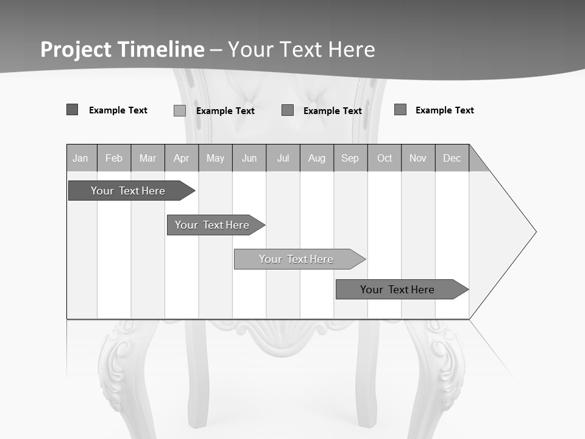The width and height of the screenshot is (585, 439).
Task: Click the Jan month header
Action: coord(80,159)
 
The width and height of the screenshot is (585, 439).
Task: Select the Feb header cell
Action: coord(114,159)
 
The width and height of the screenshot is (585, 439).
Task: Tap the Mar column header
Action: coord(147,159)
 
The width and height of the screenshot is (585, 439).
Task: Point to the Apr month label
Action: coord(181,159)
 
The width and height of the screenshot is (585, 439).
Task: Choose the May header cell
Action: coord(215,159)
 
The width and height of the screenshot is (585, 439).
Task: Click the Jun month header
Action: coord(249,159)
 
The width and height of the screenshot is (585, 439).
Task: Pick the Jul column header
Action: coord(283,159)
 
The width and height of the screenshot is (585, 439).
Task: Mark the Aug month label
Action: coord(316,159)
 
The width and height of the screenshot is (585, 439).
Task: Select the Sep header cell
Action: coord(350,159)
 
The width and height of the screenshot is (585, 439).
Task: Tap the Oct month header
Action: coord(385,159)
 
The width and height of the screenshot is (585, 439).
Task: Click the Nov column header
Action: coord(418,159)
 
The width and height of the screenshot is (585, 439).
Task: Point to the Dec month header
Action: coord(452,159)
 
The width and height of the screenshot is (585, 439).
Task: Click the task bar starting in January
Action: coord(128,191)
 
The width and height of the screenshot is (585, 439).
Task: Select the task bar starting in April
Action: coord(212,225)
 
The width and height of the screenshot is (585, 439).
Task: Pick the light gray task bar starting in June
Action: coord(296,259)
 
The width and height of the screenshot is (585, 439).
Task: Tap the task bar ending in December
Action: coord(397,290)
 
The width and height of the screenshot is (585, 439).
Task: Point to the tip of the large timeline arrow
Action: coord(535,232)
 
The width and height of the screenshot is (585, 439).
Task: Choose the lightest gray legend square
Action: coord(180,110)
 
